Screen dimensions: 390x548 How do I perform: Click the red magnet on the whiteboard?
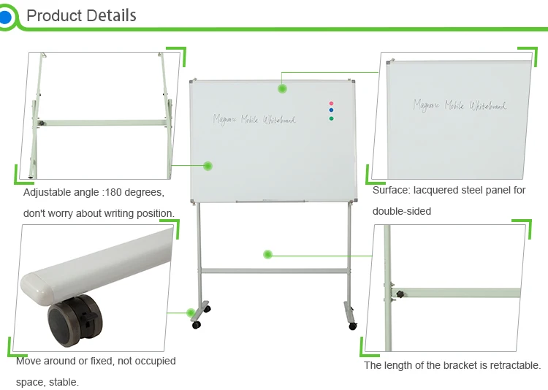pos(331,103)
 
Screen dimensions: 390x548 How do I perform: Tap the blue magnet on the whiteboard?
pos(331,110)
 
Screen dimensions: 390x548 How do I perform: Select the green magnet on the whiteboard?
pos(331,118)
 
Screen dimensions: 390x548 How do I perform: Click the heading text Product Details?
pos(81,15)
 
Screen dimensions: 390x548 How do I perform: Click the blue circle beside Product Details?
pos(5,16)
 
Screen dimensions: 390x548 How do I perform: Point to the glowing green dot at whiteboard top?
pos(282,88)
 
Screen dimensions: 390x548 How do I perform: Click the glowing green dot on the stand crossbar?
pos(268,254)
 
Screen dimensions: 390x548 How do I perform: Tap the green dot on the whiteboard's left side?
pos(208,166)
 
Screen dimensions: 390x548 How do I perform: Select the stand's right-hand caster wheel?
pos(353,325)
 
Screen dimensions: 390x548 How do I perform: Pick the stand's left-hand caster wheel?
pos(197,324)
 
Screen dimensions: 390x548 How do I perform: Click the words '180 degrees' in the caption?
pos(134,193)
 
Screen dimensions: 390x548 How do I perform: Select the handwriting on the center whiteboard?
pos(255,118)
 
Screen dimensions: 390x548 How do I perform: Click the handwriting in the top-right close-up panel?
pos(460,105)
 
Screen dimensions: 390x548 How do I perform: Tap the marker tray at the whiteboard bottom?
pos(273,201)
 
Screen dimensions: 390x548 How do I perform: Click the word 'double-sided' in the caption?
pos(402,211)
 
